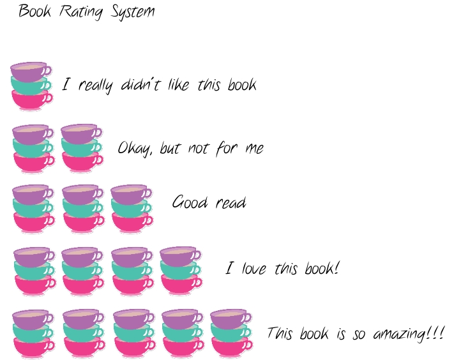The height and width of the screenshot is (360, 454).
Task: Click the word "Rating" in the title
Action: click(x=81, y=12)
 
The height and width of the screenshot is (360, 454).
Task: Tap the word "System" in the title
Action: click(x=133, y=12)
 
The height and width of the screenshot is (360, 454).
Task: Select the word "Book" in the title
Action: click(x=34, y=11)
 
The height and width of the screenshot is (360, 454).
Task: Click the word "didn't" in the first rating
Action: click(x=140, y=85)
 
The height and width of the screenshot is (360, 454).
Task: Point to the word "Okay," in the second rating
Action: click(x=135, y=148)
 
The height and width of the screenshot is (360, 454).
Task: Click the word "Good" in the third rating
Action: click(x=190, y=202)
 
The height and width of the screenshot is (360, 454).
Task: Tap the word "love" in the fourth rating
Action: click(x=254, y=268)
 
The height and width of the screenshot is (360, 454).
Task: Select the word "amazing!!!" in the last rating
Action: click(x=408, y=334)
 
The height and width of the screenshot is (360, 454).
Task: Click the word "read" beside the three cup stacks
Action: click(x=231, y=202)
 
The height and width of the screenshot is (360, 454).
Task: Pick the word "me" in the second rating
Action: click(x=255, y=149)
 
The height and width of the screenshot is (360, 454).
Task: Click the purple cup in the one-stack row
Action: click(x=31, y=71)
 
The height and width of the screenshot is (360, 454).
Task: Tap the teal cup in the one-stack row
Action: click(x=31, y=85)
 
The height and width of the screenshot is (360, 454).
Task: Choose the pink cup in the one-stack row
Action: click(x=32, y=100)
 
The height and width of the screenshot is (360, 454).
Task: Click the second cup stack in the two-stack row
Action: click(x=82, y=149)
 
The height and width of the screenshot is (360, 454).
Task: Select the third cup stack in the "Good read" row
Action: click(x=132, y=209)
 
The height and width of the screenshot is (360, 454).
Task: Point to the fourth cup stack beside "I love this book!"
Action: click(x=181, y=271)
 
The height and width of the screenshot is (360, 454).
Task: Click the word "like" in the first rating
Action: click(x=178, y=84)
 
